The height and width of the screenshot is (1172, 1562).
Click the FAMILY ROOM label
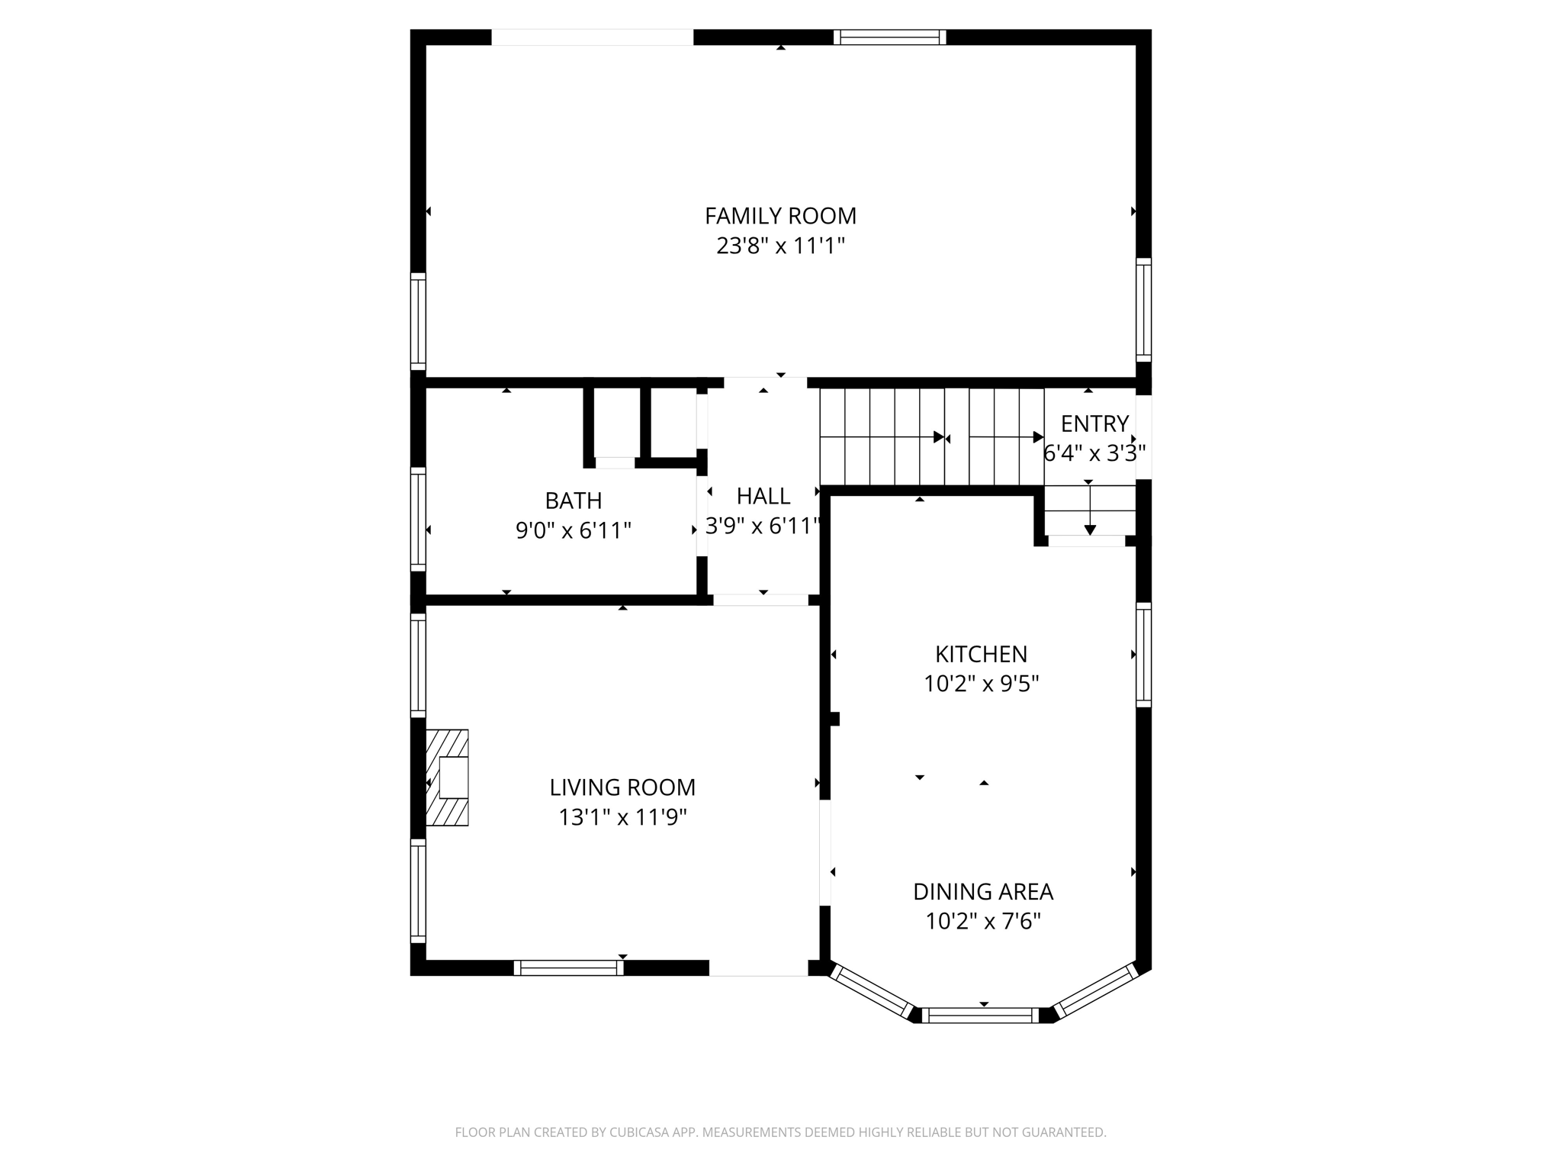point(780,216)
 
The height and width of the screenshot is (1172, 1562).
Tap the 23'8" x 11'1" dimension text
point(780,246)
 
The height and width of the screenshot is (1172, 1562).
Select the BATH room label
point(573,501)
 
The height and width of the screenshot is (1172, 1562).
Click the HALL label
point(763,496)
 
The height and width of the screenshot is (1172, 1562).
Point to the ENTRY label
point(1094,423)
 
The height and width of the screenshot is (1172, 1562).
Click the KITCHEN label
point(981,654)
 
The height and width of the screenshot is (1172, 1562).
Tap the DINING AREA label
point(982,891)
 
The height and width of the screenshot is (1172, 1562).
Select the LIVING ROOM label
point(622,787)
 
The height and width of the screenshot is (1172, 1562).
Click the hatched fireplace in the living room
point(448,778)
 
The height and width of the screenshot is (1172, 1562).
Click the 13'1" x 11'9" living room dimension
point(622,817)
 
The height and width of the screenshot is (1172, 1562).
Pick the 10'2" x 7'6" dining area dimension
point(982,922)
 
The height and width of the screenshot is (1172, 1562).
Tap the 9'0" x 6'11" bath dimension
point(573,530)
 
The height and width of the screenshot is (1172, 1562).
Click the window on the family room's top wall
point(889,37)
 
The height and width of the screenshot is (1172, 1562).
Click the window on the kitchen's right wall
point(1143,654)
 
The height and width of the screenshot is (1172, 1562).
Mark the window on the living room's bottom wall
point(568,968)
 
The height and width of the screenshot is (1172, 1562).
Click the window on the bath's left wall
point(418,519)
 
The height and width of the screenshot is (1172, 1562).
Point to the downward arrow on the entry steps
point(1090,528)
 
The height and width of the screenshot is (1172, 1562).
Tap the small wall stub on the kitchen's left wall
point(834,719)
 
